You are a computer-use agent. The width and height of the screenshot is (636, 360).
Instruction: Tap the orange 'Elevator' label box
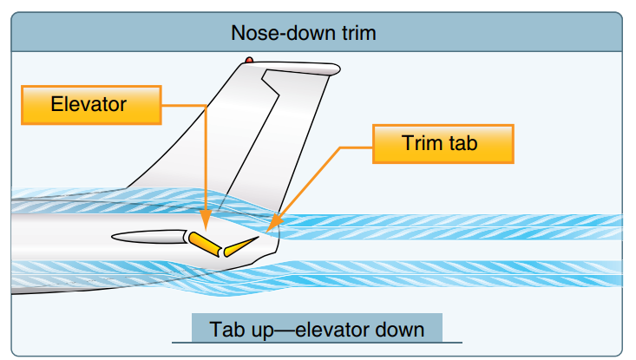click(x=89, y=104)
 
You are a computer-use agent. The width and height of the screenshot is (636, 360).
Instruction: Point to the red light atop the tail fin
click(x=249, y=61)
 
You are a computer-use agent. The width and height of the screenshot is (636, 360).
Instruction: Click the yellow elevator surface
click(x=204, y=243)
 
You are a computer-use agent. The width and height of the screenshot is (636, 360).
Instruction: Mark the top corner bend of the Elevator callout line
click(x=206, y=105)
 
